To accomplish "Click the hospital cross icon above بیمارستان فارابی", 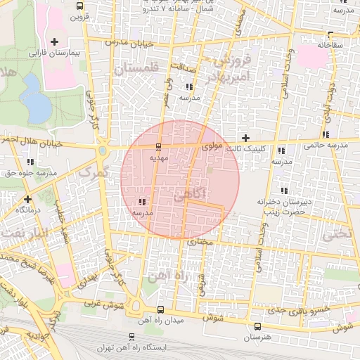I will click(55, 42).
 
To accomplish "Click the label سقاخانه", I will click(333, 44).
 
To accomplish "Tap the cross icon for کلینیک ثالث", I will click(245, 138).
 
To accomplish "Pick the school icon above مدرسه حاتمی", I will click(325, 134).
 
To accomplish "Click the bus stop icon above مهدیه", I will click(157, 147).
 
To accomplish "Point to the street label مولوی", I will click(212, 147).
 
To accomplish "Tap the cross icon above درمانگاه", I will click(27, 199).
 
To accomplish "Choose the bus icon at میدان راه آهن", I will click(161, 309).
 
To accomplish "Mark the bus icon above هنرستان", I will click(257, 326).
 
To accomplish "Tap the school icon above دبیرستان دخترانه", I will click(283, 191).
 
